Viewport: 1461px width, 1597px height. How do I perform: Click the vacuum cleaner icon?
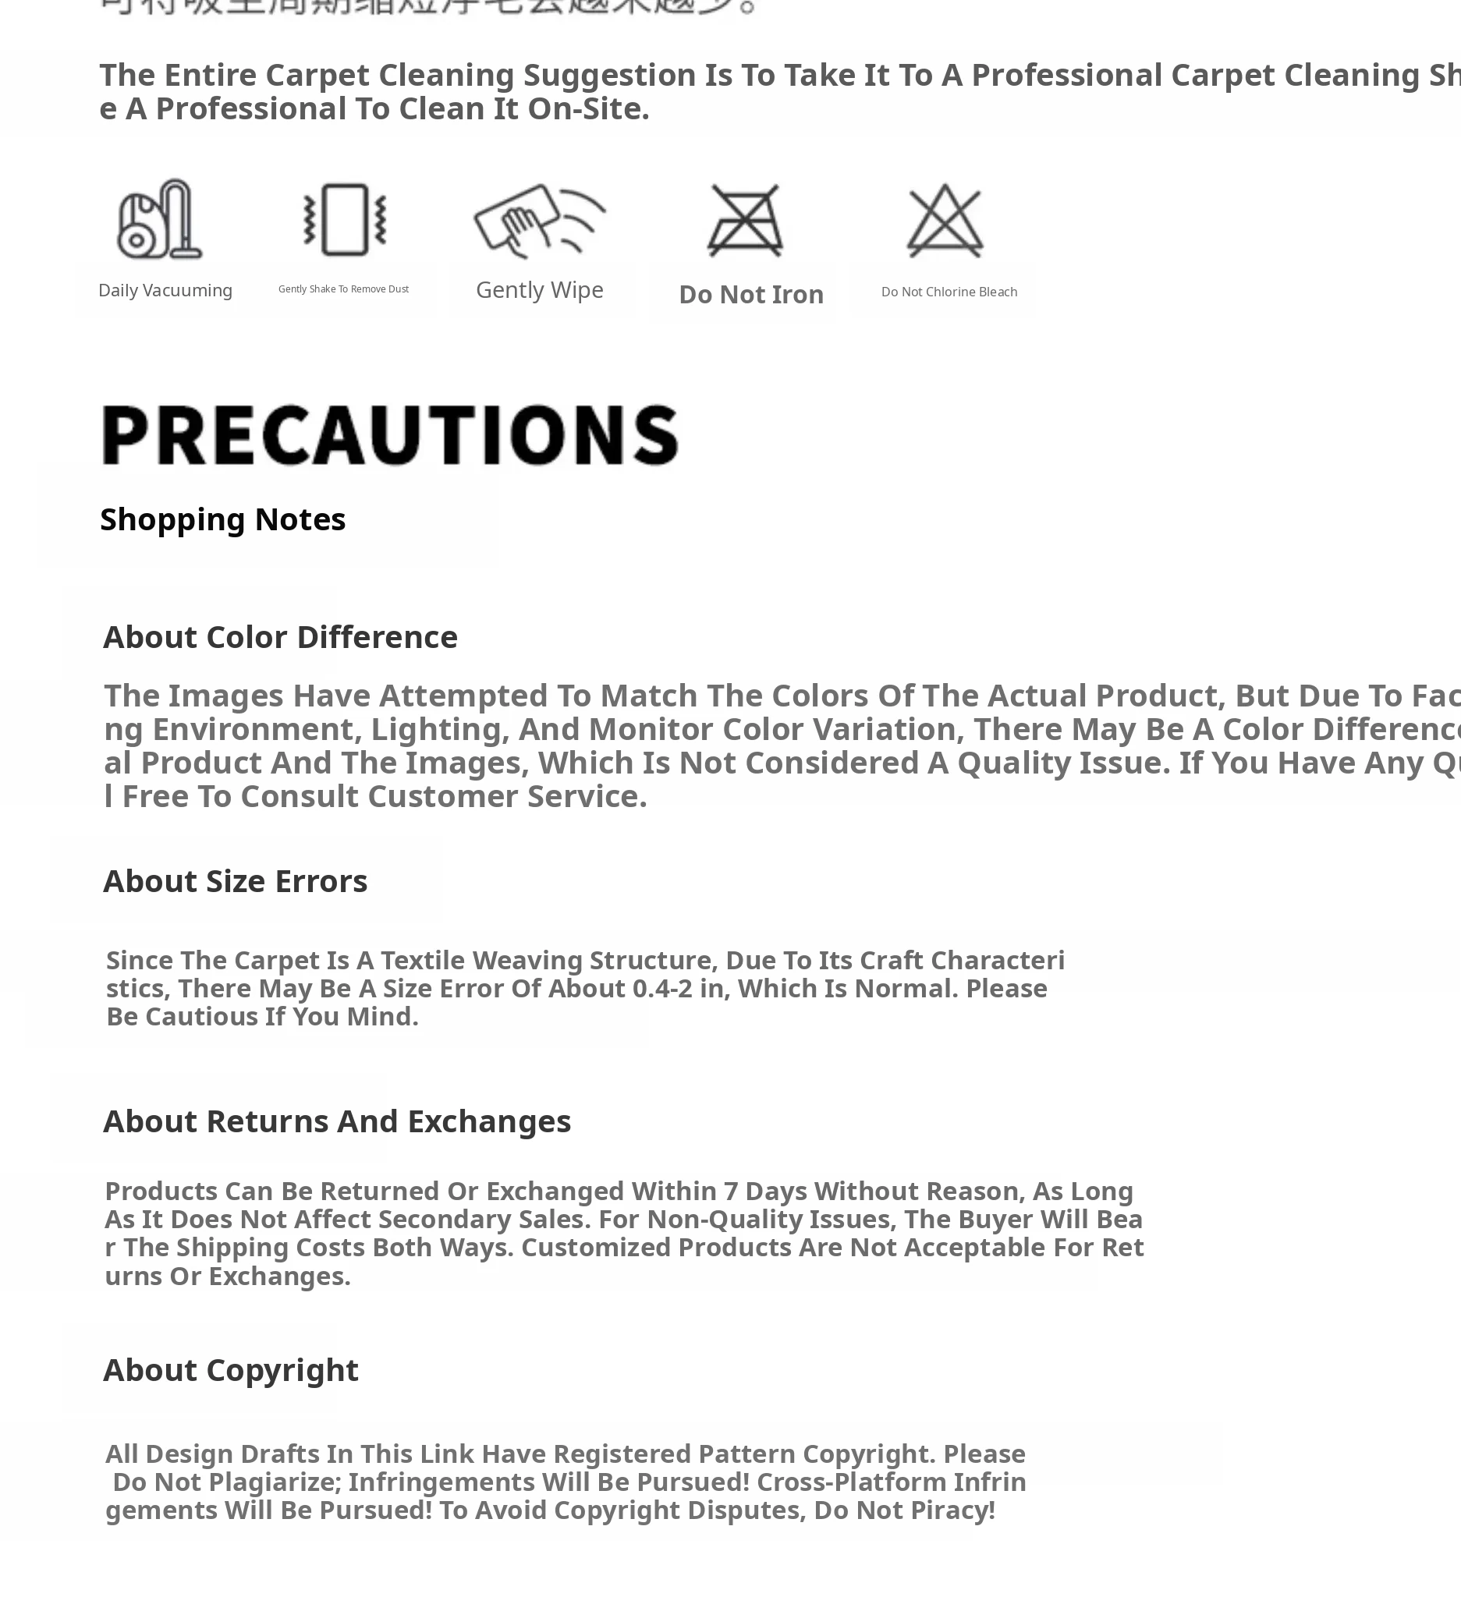pos(160,219)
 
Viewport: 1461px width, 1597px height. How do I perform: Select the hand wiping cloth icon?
pos(539,220)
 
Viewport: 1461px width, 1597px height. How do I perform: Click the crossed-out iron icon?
pos(745,220)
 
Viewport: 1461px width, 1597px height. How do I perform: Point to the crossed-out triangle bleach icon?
pos(945,220)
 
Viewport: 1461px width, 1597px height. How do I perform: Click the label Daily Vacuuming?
pos(165,291)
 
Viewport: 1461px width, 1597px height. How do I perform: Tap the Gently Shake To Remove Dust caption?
pos(343,289)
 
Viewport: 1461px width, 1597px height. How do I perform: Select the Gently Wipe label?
pos(540,290)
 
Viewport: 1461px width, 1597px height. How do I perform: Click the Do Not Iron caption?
pos(751,295)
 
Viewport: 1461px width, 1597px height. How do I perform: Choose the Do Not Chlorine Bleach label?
pos(949,292)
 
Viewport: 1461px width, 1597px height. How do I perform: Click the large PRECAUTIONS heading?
pos(390,435)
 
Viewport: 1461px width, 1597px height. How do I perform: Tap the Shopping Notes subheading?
pos(222,519)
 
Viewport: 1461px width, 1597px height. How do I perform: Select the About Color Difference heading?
pos(281,637)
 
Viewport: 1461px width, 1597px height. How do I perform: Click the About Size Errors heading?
pos(236,881)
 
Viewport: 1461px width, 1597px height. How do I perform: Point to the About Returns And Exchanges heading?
pos(337,1121)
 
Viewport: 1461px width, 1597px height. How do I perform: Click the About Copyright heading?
pos(231,1369)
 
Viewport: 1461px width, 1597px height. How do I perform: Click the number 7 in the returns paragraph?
pos(730,1191)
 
